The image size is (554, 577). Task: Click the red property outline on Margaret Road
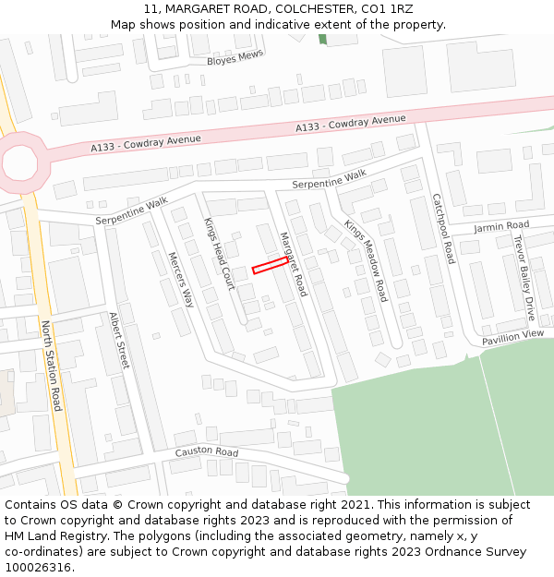(x=270, y=266)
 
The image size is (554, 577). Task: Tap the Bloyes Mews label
(x=235, y=57)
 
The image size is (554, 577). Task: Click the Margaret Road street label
(x=293, y=263)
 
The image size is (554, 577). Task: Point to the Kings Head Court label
(x=219, y=254)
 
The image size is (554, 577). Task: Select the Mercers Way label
(x=181, y=279)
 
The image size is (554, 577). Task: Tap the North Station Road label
(x=52, y=366)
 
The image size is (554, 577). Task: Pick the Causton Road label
(x=207, y=452)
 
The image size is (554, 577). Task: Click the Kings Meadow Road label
(x=366, y=260)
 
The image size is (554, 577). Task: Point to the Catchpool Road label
(x=443, y=228)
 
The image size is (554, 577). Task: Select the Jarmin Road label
(x=501, y=225)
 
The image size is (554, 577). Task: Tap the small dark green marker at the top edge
(x=322, y=39)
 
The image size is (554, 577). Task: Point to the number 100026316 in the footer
(x=41, y=567)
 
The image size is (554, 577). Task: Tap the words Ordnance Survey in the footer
(x=478, y=552)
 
